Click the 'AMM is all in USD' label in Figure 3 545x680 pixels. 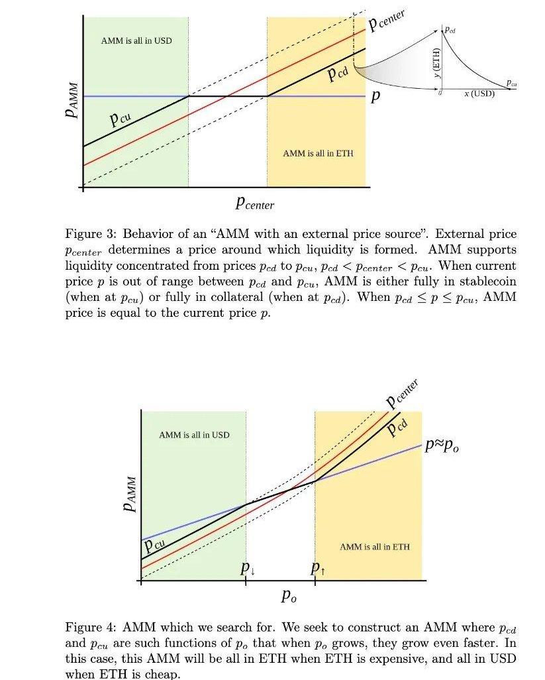[x=136, y=41]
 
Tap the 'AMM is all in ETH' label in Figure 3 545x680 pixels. [x=318, y=153]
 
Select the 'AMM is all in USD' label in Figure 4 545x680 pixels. [x=194, y=435]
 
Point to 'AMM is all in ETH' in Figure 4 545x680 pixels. [x=375, y=547]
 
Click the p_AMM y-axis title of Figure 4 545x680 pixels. [x=130, y=494]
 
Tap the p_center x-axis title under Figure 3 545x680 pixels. [x=254, y=204]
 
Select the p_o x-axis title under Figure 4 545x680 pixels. [x=289, y=596]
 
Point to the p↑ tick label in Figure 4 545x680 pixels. [x=318, y=569]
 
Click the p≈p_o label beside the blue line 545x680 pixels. [x=442, y=446]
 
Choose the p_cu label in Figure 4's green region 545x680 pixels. [x=155, y=545]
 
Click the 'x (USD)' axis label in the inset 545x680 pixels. [x=479, y=93]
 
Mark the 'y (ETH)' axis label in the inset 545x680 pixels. [x=436, y=67]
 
